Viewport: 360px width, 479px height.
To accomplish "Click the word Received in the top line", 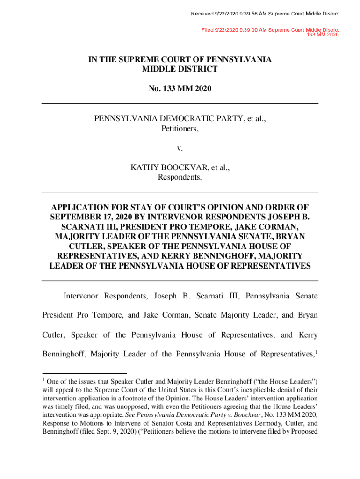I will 202,14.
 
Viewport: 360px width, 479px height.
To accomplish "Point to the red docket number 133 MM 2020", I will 323,35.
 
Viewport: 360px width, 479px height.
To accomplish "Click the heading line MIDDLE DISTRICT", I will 180,69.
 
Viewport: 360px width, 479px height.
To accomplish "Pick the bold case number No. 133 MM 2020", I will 180,87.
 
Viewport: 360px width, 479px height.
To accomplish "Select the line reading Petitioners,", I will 180,128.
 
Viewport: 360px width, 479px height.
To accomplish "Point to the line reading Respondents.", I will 180,177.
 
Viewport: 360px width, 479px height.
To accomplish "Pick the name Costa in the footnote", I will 179,423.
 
